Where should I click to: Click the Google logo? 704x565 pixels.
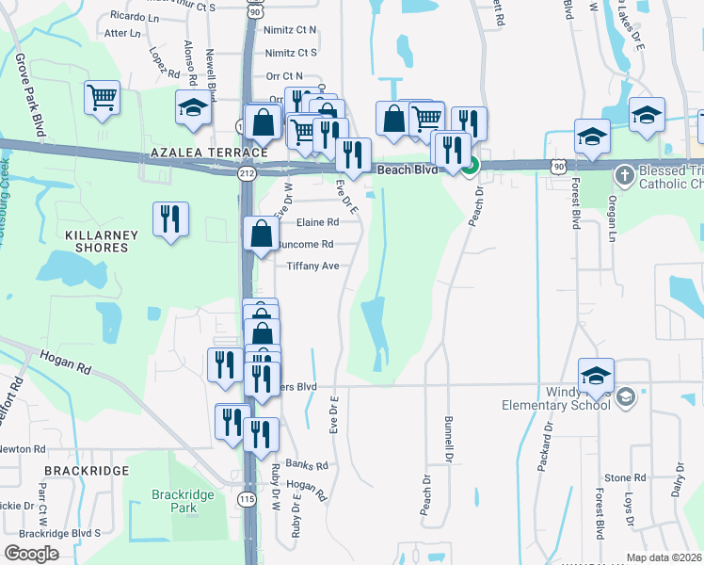click(x=32, y=554)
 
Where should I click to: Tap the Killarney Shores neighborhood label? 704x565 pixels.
click(x=102, y=241)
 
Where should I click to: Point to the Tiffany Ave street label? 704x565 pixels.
click(x=312, y=266)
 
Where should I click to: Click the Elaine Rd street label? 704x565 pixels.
click(x=317, y=223)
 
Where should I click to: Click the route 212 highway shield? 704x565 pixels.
click(x=247, y=173)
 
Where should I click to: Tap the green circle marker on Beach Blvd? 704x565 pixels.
click(x=471, y=165)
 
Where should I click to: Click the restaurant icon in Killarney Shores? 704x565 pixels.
click(x=170, y=220)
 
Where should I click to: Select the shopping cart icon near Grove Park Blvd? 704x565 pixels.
click(x=102, y=97)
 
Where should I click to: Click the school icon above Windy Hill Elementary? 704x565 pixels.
click(x=596, y=376)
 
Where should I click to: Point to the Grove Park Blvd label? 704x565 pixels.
click(x=27, y=95)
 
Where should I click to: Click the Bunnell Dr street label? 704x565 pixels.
click(x=448, y=438)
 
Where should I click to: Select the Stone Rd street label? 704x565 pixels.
click(x=625, y=478)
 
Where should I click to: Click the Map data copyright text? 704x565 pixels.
click(x=664, y=557)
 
